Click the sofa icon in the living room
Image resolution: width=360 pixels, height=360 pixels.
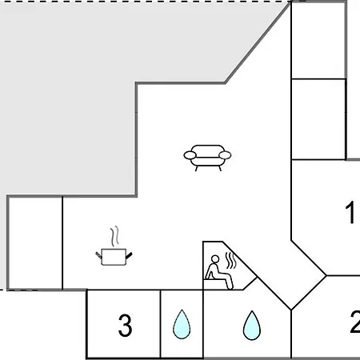[207, 158]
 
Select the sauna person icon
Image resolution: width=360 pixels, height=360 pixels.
[219, 272]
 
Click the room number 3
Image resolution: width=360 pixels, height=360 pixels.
[125, 325]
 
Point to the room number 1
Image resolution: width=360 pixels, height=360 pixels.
[350, 212]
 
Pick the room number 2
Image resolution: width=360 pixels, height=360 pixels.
[355, 322]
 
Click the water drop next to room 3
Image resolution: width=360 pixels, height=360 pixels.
[182, 324]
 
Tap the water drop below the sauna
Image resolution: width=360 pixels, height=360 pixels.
[252, 326]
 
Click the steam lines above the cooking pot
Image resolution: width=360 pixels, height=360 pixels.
[114, 236]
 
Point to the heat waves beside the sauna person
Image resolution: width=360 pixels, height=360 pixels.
[231, 261]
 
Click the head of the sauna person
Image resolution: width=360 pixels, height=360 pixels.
[215, 259]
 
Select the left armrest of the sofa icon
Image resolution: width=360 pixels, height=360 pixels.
[190, 155]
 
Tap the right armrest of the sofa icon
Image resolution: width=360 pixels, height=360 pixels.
[225, 155]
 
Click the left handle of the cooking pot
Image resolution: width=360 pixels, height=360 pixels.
[98, 255]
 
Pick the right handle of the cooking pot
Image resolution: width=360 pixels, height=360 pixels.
[129, 255]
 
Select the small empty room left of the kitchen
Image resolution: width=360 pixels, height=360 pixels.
[35, 243]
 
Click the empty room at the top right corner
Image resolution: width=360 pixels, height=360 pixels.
[318, 40]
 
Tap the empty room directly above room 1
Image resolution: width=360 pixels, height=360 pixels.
[318, 119]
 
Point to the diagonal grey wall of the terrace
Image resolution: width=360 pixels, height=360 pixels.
[258, 42]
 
